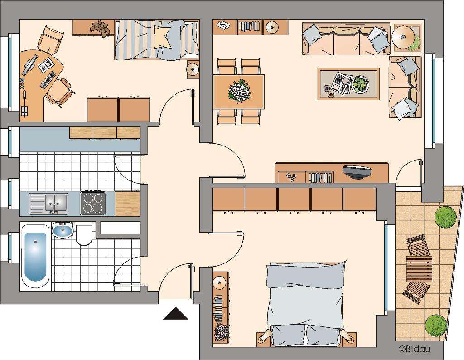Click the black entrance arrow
[x=175, y=314]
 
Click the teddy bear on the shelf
[x=100, y=28]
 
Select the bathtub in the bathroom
[x=35, y=257]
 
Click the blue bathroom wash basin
[x=63, y=231]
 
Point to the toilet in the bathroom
[x=84, y=234]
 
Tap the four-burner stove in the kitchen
[x=93, y=203]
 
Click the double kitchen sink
[x=48, y=204]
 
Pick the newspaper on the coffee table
[x=341, y=83]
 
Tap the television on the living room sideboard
[x=357, y=171]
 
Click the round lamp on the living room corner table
[x=405, y=35]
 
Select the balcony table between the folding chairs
[x=419, y=269]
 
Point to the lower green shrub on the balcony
[x=435, y=325]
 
